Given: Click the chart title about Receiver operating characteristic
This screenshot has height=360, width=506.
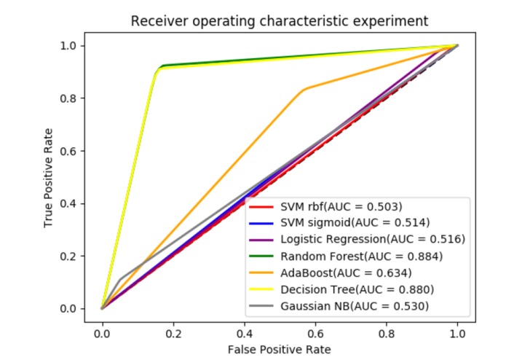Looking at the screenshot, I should coord(280,20).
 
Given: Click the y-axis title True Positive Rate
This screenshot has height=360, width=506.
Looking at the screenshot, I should coord(49,177).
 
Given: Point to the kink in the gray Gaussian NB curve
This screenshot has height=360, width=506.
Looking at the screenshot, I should coord(119,279).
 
